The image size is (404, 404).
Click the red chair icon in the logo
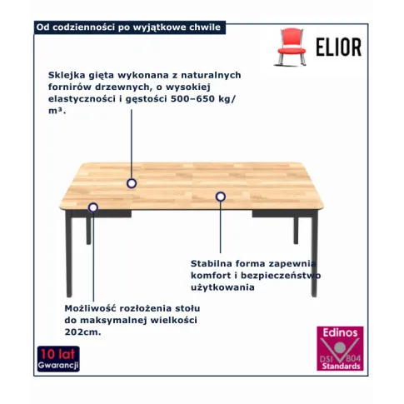point(291,47)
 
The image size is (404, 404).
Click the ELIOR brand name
point(339,47)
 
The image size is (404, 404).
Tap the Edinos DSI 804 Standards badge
point(340,348)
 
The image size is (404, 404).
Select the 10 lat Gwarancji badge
point(58,359)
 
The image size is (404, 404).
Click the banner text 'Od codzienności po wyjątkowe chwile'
point(128,27)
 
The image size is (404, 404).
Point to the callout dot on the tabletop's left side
point(132,183)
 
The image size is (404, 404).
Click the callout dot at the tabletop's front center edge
point(221,197)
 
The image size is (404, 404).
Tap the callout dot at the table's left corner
point(93,207)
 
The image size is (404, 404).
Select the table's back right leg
point(296,231)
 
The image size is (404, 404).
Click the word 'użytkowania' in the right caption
point(222,287)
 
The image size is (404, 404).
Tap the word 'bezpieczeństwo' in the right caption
point(281,276)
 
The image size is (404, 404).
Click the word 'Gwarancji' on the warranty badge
point(58,365)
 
